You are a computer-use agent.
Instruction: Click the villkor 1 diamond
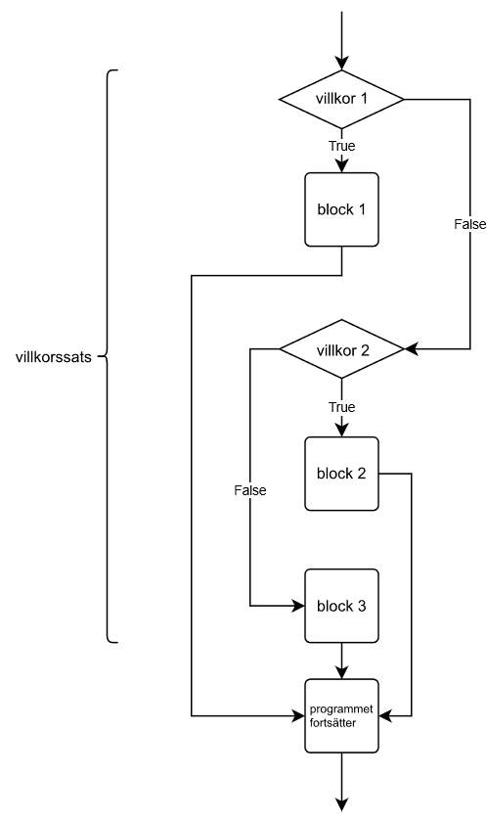(341, 99)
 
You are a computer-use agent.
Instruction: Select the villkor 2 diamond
(341, 349)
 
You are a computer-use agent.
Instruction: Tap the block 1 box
(341, 209)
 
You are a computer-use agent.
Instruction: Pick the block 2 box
(341, 474)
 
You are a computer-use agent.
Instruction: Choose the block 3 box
(341, 606)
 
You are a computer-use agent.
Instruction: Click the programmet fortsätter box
(341, 716)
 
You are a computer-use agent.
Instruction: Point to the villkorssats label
(54, 357)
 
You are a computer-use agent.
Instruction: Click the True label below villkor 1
(342, 146)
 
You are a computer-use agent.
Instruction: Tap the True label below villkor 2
(342, 407)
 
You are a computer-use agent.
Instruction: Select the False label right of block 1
(470, 224)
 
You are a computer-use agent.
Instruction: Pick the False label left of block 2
(250, 490)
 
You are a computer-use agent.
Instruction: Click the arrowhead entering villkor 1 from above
(341, 63)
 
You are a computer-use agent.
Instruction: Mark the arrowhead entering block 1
(341, 165)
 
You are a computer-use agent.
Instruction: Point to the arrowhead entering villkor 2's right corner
(412, 348)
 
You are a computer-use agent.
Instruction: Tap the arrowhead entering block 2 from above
(341, 430)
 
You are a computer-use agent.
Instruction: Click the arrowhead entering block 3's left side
(298, 606)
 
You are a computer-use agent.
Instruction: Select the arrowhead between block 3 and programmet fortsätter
(341, 672)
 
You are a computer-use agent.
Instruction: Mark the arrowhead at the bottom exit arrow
(341, 804)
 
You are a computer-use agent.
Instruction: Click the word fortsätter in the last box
(333, 723)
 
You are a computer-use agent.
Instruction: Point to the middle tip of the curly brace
(100, 357)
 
